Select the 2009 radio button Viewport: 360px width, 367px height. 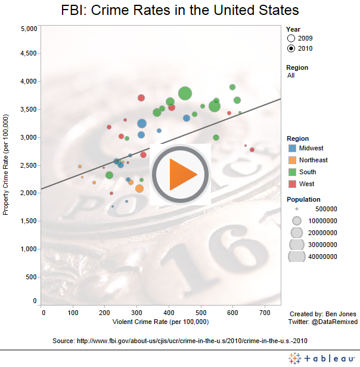click(291, 38)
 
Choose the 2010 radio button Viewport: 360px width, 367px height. click(291, 48)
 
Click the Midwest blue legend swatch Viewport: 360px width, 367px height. click(292, 148)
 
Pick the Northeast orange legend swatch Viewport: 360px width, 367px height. click(292, 160)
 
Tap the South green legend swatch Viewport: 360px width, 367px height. click(292, 172)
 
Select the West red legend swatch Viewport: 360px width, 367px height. click(292, 184)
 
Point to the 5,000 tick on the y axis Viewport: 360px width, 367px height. click(29, 29)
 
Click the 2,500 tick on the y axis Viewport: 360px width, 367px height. click(29, 165)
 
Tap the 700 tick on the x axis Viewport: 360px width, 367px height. click(264, 312)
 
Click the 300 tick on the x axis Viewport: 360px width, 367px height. click(138, 312)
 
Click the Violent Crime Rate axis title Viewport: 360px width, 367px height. click(160, 322)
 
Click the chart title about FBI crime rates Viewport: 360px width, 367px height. click(180, 11)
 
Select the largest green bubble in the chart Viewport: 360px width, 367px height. click(185, 93)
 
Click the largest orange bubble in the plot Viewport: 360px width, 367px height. click(139, 189)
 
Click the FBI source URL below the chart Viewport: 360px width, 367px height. click(179, 341)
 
